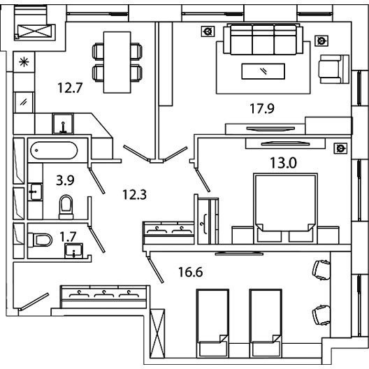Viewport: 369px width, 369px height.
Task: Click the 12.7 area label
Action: pos(70,88)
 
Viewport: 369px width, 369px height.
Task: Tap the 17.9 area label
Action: pos(262,109)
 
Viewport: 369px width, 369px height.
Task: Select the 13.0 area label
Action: pos(283,163)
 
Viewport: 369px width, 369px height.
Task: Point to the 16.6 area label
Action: pos(191,272)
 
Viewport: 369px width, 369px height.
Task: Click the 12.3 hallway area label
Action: pos(135,194)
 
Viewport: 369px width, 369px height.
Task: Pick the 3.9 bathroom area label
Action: pos(65,180)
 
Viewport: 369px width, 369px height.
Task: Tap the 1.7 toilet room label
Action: pos(68,236)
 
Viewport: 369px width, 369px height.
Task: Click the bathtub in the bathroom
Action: pos(54,150)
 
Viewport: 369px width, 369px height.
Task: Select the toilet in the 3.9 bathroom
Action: pos(66,207)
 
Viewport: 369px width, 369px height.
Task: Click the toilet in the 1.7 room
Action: pos(40,240)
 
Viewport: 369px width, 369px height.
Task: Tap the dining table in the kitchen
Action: pos(117,62)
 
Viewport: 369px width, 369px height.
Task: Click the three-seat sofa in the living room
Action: pos(263,39)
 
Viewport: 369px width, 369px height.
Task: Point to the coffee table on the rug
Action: pos(263,71)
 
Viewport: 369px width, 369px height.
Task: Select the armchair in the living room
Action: pos(333,69)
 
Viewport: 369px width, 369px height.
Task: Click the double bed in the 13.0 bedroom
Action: pos(285,208)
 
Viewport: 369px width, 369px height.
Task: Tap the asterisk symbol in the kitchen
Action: pos(24,62)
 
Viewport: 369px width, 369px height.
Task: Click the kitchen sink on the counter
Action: pos(63,124)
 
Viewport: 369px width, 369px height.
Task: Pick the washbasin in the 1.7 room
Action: pos(73,251)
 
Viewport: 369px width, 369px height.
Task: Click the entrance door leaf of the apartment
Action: pos(34,302)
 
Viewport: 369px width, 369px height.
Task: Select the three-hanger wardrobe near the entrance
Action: pos(104,297)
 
